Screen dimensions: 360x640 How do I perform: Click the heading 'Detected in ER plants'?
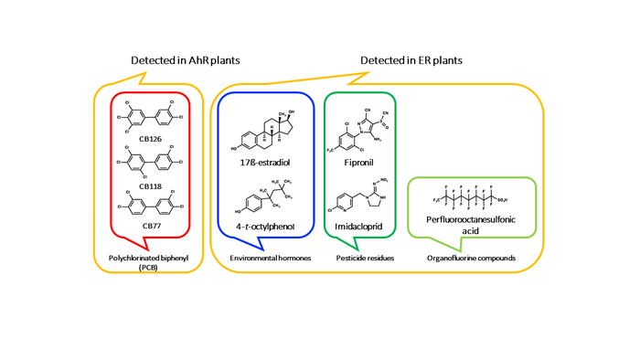point(411,60)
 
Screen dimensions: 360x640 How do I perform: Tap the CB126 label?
point(151,139)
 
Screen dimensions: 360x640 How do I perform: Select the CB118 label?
point(151,185)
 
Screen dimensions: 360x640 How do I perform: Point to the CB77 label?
point(151,225)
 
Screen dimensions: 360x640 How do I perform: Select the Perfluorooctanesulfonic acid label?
point(465,225)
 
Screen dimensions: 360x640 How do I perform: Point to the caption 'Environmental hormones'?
point(267,259)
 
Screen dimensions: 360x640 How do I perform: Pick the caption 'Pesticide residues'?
point(363,259)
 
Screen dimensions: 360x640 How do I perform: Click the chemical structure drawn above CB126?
point(151,116)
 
